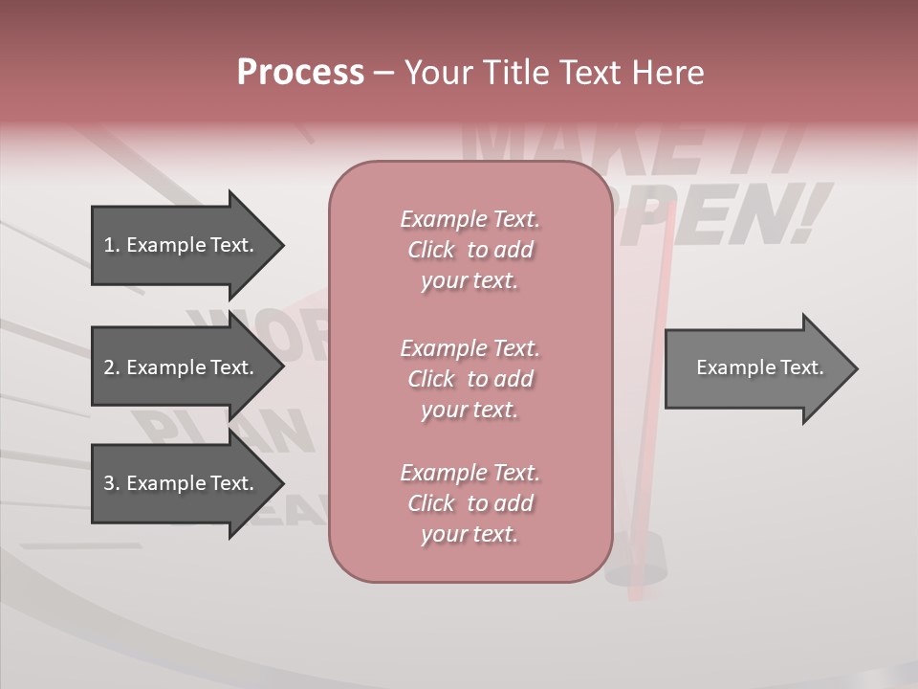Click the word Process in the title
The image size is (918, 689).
pyautogui.click(x=300, y=73)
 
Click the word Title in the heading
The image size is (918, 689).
pyautogui.click(x=518, y=73)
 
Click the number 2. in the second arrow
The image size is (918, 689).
pyautogui.click(x=111, y=367)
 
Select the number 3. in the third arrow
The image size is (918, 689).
pyautogui.click(x=111, y=483)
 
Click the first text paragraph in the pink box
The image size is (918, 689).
pyautogui.click(x=470, y=250)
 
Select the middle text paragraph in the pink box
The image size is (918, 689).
pyautogui.click(x=470, y=379)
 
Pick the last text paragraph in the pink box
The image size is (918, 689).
pyautogui.click(x=470, y=503)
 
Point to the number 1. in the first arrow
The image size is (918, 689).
pyautogui.click(x=111, y=245)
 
